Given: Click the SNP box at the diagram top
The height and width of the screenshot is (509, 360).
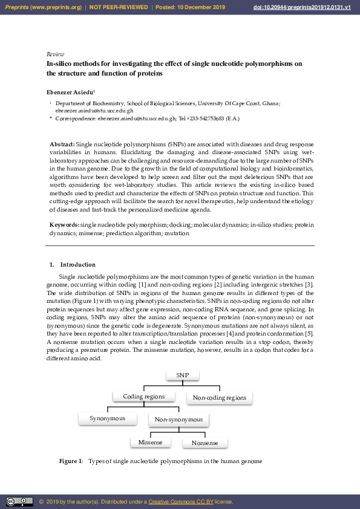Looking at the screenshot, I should pyautogui.click(x=183, y=375).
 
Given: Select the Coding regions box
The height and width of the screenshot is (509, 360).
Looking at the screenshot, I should pyautogui.click(x=143, y=397).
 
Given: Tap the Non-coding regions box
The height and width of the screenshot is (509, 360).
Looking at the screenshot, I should pyautogui.click(x=219, y=398).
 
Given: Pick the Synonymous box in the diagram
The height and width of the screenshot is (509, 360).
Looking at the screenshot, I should pyautogui.click(x=107, y=418).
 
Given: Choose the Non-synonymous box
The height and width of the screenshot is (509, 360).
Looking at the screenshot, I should pyautogui.click(x=178, y=420).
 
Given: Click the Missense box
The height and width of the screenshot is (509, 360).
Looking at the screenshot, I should pyautogui.click(x=150, y=443).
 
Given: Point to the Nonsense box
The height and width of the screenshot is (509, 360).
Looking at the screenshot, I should pyautogui.click(x=205, y=443).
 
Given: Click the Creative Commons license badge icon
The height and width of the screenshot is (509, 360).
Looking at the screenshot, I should pyautogui.click(x=19, y=502).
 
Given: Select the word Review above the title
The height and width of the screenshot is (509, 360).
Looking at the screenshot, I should pyautogui.click(x=55, y=54).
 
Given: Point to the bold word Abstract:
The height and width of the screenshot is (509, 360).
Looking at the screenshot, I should pyautogui.click(x=62, y=144).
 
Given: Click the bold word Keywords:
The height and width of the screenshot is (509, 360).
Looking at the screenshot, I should pyautogui.click(x=64, y=225).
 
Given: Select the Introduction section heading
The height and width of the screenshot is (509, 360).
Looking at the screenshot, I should pyautogui.click(x=77, y=264).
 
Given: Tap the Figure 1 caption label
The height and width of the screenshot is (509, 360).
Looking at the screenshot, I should pyautogui.click(x=70, y=461).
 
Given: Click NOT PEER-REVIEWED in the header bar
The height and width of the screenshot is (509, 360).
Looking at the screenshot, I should pyautogui.click(x=119, y=7).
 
